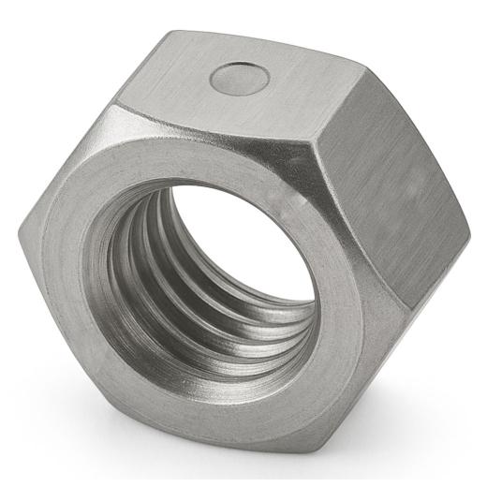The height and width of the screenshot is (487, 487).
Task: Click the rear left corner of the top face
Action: point(173,33)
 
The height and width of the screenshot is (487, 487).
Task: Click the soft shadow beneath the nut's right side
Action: point(412,375)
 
